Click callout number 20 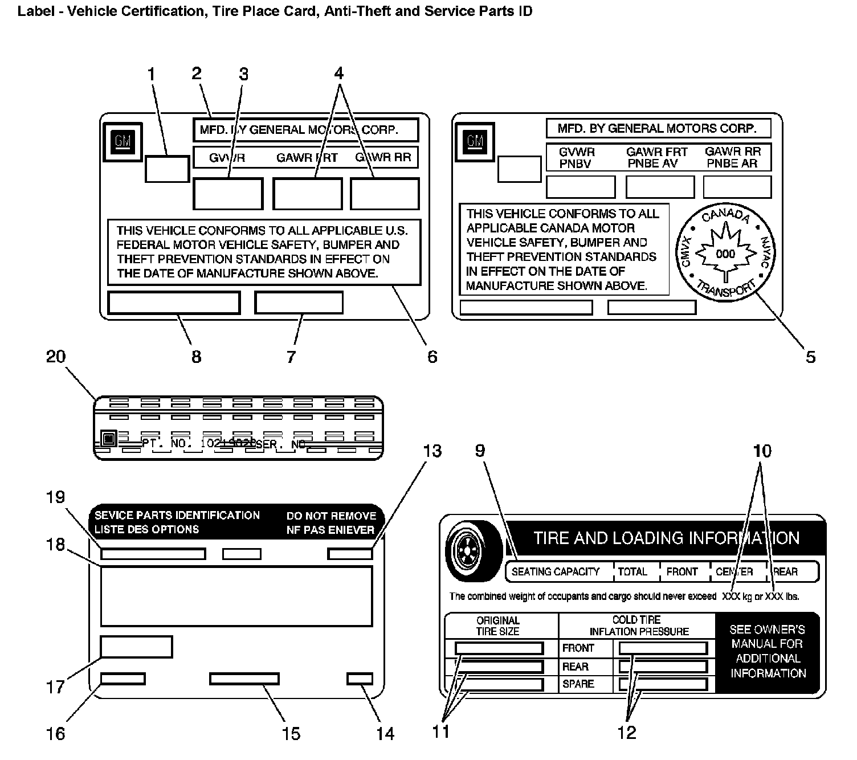click(x=56, y=357)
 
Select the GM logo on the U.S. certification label click(x=123, y=140)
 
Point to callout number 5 click(x=810, y=357)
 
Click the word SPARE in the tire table click(x=578, y=684)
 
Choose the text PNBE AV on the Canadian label click(x=652, y=164)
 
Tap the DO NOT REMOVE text click(x=331, y=516)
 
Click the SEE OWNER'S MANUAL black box click(x=767, y=652)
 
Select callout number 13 click(x=432, y=451)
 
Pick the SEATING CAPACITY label click(x=556, y=571)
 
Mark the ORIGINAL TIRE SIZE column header click(x=497, y=626)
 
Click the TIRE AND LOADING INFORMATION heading click(x=666, y=538)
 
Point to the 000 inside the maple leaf click(x=725, y=254)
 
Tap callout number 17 click(x=55, y=687)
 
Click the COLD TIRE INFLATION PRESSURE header click(x=638, y=626)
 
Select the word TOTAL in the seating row click(x=632, y=571)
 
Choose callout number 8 click(x=196, y=357)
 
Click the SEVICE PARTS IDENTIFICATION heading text click(x=177, y=515)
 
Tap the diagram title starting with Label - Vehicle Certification click(x=275, y=11)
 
